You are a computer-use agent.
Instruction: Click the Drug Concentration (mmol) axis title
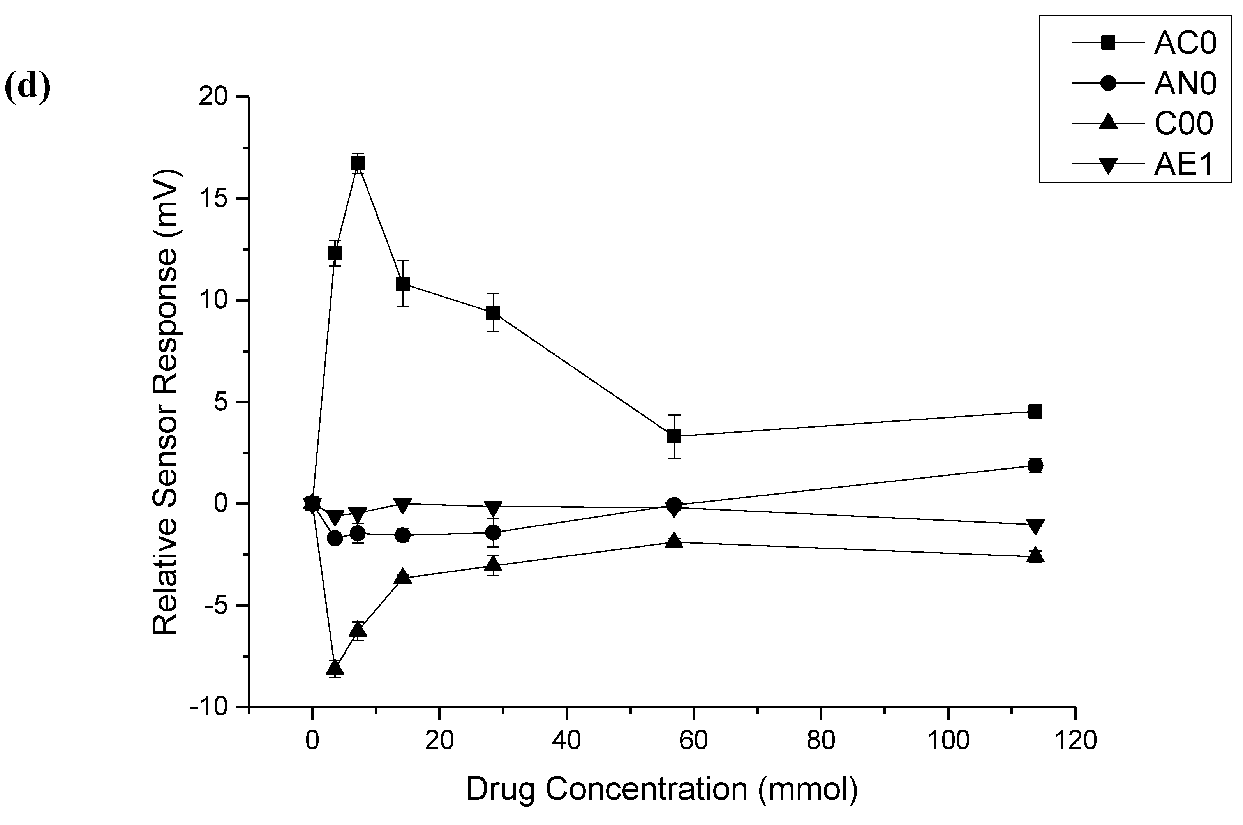661,790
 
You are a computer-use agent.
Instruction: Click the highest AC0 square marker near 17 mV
358,164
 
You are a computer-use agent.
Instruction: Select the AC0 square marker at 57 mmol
674,436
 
